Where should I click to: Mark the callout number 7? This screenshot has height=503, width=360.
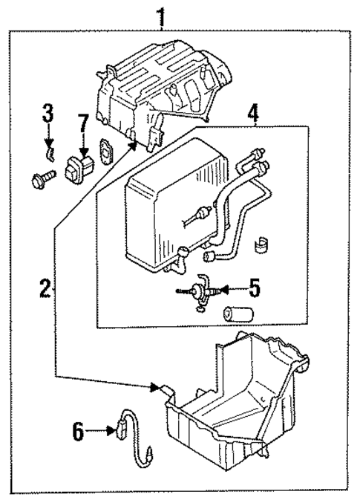click(x=82, y=121)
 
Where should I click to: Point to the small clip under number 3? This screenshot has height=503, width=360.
click(x=49, y=153)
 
